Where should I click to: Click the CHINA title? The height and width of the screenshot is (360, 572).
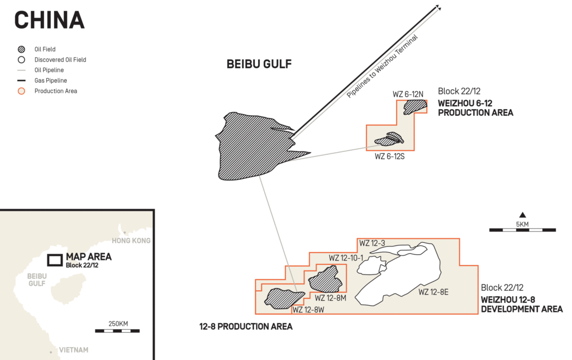click(x=49, y=20)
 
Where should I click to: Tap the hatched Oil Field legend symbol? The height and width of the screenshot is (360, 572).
click(x=22, y=49)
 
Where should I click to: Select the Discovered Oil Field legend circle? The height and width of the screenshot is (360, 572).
click(x=22, y=60)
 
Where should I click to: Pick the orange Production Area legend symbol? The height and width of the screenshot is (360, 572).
click(x=22, y=91)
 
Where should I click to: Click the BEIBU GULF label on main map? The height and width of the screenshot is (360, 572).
click(x=259, y=64)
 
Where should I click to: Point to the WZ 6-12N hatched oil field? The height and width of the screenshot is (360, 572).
click(x=414, y=106)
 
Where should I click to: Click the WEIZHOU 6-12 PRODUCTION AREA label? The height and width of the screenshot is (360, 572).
click(x=475, y=108)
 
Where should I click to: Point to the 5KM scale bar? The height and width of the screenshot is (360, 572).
click(x=522, y=230)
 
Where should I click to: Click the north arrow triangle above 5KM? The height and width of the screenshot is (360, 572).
click(x=522, y=215)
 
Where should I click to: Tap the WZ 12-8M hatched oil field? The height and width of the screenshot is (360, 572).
click(x=326, y=278)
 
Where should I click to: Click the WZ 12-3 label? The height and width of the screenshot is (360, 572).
click(x=372, y=243)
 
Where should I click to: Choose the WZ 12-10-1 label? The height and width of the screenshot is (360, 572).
click(x=346, y=258)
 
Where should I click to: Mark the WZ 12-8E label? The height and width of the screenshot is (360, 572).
click(x=433, y=291)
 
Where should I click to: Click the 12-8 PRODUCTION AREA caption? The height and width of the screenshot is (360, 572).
click(x=246, y=326)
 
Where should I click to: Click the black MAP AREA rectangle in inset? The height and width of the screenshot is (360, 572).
click(x=55, y=260)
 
